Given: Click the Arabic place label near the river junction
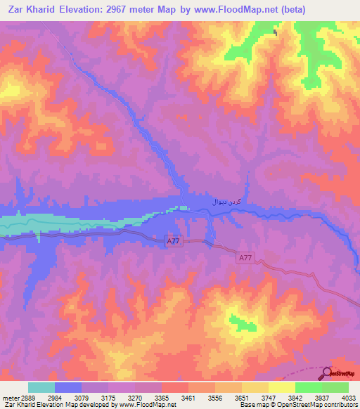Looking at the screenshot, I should pos(227,201).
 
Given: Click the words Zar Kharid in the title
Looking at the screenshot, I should pos(33,10).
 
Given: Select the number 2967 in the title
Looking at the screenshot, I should pos(123,10).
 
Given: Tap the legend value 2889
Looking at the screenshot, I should pos(24,398).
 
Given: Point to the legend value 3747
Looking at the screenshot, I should pos(267,398).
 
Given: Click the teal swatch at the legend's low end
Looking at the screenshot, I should pos(41,387).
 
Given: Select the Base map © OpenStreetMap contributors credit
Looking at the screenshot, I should pos(298,405).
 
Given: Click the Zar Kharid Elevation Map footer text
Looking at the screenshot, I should pos(88,405).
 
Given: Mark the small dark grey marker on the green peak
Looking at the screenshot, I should pos(275,32).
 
